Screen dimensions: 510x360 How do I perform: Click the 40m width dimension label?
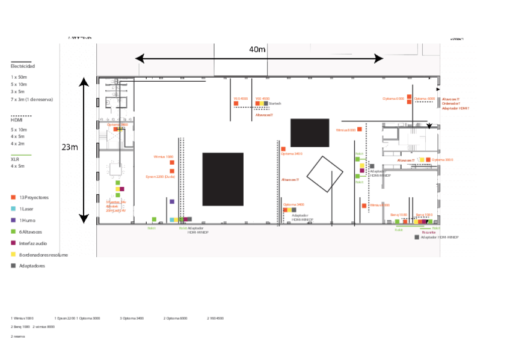pyautogui.click(x=257, y=49)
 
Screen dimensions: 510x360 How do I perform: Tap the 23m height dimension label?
pyautogui.click(x=70, y=147)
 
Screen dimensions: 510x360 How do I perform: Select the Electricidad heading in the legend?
pyautogui.click(x=23, y=66)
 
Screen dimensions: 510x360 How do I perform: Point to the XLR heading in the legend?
pyautogui.click(x=14, y=159)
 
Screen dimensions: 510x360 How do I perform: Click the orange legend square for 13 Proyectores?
pyautogui.click(x=13, y=197)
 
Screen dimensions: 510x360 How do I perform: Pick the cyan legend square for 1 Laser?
pyautogui.click(x=13, y=209)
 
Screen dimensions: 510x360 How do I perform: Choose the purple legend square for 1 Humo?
pyautogui.click(x=13, y=220)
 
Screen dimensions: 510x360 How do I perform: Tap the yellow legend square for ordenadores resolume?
pyautogui.click(x=13, y=254)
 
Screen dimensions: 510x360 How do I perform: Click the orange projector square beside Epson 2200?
pyautogui.click(x=171, y=171)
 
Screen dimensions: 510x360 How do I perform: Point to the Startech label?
pyautogui.click(x=275, y=103)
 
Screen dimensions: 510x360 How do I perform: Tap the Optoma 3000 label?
pyautogui.click(x=442, y=160)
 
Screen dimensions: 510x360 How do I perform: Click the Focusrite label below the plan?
pyautogui.click(x=429, y=232)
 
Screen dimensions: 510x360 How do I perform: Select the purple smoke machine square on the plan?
pyautogui.click(x=171, y=202)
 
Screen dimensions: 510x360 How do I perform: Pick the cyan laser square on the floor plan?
pyautogui.click(x=172, y=219)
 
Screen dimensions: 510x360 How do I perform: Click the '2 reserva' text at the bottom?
pyautogui.click(x=17, y=337)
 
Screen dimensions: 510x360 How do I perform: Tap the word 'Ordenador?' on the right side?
pyautogui.click(x=450, y=103)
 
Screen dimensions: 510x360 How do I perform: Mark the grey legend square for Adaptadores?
pyautogui.click(x=13, y=266)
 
